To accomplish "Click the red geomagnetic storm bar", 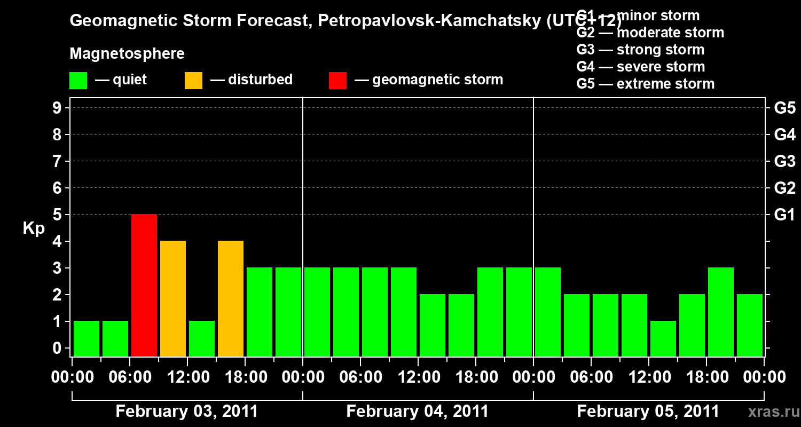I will tap(144, 285).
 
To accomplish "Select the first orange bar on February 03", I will tap(173, 298).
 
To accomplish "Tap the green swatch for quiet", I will tap(78, 80).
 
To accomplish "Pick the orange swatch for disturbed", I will tap(193, 80).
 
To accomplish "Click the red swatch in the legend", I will tap(337, 80).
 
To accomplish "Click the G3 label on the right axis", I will tap(784, 161).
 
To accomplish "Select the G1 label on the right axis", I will tap(784, 215).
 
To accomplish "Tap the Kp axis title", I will tap(34, 228).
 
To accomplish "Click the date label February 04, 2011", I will tap(418, 412).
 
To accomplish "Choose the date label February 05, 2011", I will tap(648, 412).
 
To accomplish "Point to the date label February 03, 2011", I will tap(187, 412).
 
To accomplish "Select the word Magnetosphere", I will tap(127, 54).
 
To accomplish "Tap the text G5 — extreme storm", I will tap(645, 84).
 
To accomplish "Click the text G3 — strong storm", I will tap(640, 50).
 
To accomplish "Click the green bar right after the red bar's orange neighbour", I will tap(202, 338).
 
